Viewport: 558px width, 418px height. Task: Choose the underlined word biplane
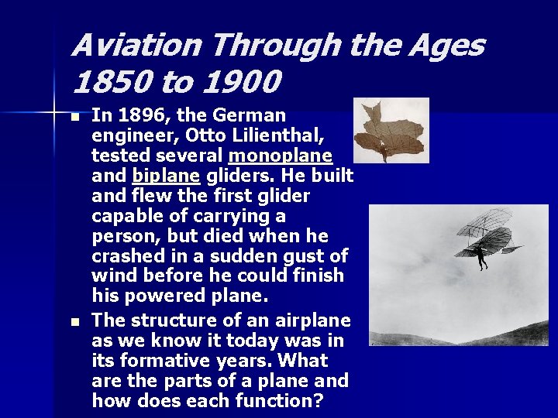pos(164,176)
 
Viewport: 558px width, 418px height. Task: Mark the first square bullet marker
pos(74,118)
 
